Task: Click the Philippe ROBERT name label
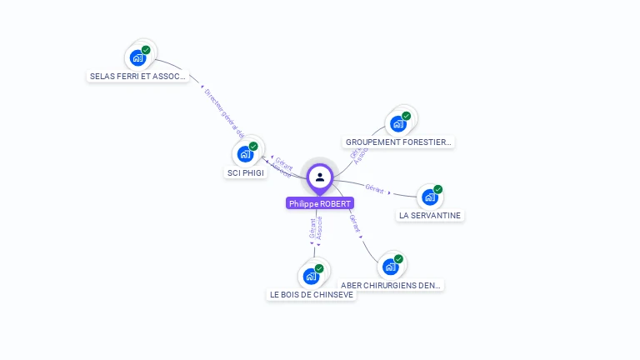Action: point(320,203)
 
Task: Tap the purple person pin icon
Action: point(320,177)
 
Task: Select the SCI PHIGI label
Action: point(246,173)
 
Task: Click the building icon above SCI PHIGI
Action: point(245,153)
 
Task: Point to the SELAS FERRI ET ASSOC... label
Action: point(137,77)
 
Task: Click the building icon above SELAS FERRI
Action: point(137,57)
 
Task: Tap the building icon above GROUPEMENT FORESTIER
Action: point(398,123)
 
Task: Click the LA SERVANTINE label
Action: point(430,216)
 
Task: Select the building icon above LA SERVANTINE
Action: point(429,197)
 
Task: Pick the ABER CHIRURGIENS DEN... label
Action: point(392,286)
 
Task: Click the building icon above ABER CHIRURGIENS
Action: point(390,267)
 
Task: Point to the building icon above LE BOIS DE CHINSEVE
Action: point(312,276)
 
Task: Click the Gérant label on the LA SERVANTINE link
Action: point(374,189)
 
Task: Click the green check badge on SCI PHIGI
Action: point(253,147)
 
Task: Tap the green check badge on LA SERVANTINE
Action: point(437,190)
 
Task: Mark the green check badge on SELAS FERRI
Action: point(146,51)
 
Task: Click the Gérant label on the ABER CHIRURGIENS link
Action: point(355,222)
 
